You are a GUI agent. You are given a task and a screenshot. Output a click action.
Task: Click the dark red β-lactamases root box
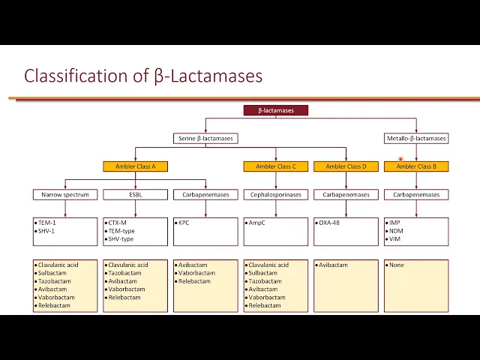pyautogui.click(x=275, y=110)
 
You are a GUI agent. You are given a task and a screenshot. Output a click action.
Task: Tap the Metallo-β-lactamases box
pyautogui.click(x=415, y=138)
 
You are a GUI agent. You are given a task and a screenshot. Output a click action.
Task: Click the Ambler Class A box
pyautogui.click(x=135, y=166)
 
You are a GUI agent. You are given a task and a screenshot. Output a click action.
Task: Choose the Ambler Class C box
pyautogui.click(x=275, y=166)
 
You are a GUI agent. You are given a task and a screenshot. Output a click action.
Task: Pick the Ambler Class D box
pyautogui.click(x=346, y=166)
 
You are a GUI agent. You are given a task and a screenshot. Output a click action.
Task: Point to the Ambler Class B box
pyautogui.click(x=415, y=166)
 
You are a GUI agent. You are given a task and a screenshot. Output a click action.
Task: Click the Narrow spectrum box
pyautogui.click(x=65, y=194)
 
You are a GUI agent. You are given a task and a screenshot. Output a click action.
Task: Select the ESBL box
pyautogui.click(x=135, y=194)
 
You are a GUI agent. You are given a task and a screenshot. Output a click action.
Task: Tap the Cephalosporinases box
pyautogui.click(x=275, y=194)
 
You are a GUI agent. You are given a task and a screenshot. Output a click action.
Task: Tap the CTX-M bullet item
pyautogui.click(x=117, y=223)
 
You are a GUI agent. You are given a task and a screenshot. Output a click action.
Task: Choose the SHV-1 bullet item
pyautogui.click(x=47, y=231)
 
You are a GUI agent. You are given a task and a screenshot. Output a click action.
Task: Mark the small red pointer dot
pyautogui.click(x=401, y=159)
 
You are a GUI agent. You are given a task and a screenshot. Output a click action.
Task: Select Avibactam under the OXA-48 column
pyautogui.click(x=334, y=265)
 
